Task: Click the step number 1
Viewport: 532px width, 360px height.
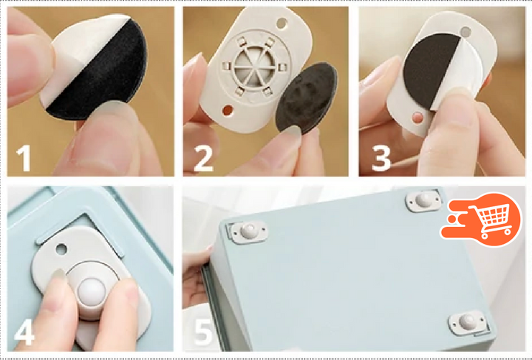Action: [24, 157]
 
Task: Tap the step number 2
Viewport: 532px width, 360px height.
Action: [204, 157]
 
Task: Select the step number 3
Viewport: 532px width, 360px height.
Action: [381, 157]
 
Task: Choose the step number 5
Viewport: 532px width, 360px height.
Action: [204, 331]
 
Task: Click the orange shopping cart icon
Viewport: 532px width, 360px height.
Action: [481, 220]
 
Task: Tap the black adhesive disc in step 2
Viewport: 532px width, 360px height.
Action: [307, 98]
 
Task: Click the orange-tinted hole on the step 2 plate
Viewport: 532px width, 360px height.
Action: [228, 110]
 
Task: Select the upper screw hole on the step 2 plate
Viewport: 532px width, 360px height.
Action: [282, 23]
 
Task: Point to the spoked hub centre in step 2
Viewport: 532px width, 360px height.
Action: [254, 68]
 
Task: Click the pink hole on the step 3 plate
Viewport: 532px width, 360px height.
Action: [417, 118]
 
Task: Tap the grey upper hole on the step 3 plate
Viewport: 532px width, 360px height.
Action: [465, 33]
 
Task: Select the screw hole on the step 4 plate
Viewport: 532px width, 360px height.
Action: [61, 249]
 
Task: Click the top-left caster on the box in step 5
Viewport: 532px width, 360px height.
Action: [249, 231]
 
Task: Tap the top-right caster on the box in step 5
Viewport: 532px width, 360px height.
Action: [423, 200]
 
